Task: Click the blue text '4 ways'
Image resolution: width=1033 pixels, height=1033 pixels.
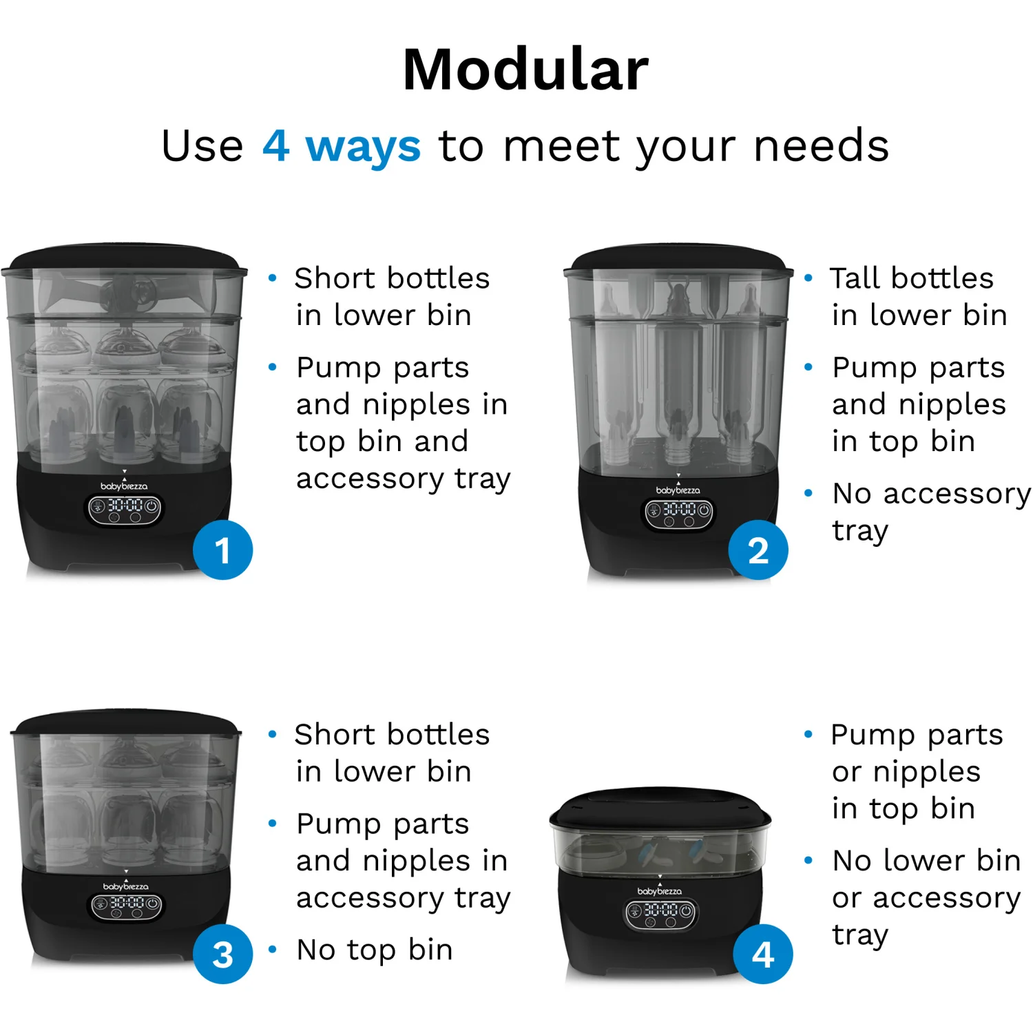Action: [342, 146]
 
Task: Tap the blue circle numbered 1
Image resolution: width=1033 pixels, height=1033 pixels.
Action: [222, 550]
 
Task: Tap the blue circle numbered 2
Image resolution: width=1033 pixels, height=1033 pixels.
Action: [758, 550]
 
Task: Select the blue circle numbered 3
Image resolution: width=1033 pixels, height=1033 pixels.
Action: [222, 954]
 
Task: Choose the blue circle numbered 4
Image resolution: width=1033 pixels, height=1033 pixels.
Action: [763, 954]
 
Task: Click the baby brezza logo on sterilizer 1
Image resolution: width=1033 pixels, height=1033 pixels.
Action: [124, 486]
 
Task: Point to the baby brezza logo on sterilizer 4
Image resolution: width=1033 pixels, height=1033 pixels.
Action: [660, 891]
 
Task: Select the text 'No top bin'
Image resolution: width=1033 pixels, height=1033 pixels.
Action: [375, 950]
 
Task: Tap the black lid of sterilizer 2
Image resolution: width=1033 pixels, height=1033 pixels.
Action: [678, 259]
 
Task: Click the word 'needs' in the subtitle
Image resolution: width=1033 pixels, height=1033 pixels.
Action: [822, 146]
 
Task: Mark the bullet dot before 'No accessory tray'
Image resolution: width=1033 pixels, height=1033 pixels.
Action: [808, 493]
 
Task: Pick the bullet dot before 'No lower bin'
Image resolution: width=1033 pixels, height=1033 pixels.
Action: [808, 860]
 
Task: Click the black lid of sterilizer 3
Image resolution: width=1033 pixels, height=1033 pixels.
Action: [126, 723]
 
